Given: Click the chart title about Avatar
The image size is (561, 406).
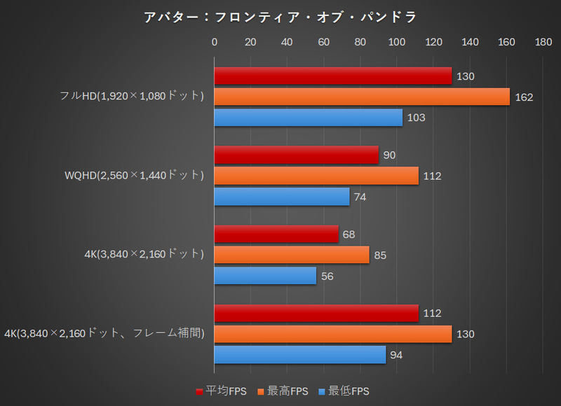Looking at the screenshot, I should [280, 16].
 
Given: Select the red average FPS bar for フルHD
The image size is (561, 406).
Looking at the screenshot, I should [332, 76].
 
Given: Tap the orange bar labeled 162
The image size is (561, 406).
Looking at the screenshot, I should [362, 97].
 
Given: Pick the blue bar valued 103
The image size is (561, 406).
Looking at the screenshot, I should [308, 118].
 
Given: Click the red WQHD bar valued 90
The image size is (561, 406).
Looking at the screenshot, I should [296, 155].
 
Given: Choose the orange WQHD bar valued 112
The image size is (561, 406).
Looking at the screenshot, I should [316, 176].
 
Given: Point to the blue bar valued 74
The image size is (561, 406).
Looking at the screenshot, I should [281, 197].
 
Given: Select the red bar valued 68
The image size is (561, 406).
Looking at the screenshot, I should [276, 234].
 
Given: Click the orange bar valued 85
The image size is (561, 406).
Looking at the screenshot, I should [292, 255].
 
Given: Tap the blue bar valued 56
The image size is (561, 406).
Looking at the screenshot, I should [265, 276].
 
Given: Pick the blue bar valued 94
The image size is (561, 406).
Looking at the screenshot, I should [299, 355].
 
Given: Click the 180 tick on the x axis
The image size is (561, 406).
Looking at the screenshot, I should [543, 42].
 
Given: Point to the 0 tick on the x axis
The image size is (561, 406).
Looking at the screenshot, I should [215, 42].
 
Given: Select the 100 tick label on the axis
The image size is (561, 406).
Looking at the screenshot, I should [397, 42].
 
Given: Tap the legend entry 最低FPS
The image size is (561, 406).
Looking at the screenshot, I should [344, 391].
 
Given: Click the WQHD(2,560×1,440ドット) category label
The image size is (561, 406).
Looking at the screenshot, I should [133, 175].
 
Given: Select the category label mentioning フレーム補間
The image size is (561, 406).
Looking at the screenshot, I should [104, 334].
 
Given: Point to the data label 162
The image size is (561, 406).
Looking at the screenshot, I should [524, 97].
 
